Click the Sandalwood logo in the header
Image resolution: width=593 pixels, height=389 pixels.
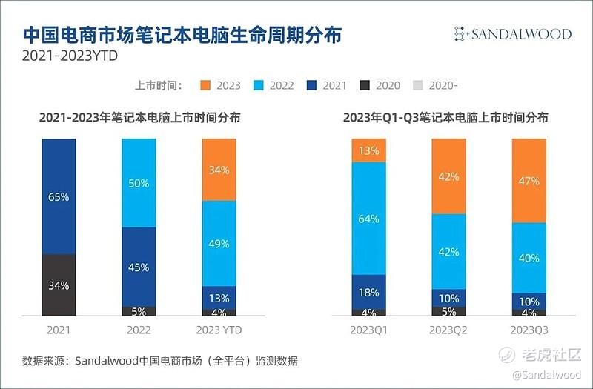pos(512,34)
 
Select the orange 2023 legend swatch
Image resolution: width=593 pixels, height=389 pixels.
pos(205,85)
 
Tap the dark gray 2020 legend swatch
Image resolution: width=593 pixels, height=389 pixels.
pos(365,85)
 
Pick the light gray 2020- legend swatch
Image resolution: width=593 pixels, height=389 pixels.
pos(418,85)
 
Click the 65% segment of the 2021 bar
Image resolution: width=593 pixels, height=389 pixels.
pos(59,196)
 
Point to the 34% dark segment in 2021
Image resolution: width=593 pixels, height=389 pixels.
pos(59,285)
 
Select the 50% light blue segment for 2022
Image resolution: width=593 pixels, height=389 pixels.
pos(139,182)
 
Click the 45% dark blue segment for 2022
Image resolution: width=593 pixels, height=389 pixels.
pos(139,267)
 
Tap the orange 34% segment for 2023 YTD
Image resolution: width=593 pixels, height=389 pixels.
pos(219,169)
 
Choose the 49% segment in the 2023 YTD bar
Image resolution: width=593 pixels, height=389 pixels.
pos(219,243)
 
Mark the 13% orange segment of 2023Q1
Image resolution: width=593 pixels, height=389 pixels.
pos(369,150)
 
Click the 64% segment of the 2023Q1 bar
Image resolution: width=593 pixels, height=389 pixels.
pos(369,219)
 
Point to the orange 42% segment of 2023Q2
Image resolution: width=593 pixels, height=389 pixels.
pos(449,176)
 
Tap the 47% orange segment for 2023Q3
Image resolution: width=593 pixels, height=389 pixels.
pos(529,180)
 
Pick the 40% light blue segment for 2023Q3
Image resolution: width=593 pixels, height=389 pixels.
pos(529,258)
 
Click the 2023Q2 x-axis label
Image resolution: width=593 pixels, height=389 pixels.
pos(449,329)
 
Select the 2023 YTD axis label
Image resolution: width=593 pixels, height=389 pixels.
pos(219,329)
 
